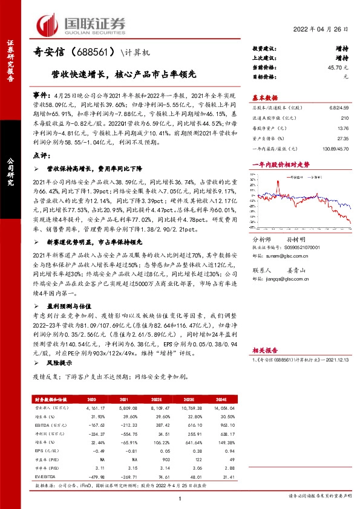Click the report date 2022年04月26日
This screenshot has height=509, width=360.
click(326, 30)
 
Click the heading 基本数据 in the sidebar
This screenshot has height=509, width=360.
click(264, 97)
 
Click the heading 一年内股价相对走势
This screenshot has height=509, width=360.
click(280, 164)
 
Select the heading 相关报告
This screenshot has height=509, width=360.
click(264, 349)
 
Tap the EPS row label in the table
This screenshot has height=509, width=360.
click(38, 449)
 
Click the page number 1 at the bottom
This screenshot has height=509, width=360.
click(180, 497)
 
